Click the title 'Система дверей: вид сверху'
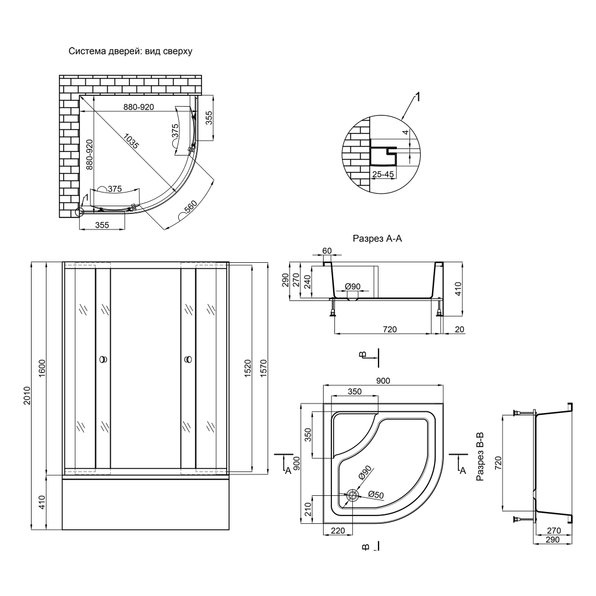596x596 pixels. pos(130,51)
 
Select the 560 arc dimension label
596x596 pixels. pos(190,209)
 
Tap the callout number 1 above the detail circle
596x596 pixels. pos(417,97)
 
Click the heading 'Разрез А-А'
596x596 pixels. pos(378,239)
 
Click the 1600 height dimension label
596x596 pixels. pos(42,368)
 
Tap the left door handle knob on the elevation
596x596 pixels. pos(103,360)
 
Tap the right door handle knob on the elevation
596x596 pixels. pos(188,360)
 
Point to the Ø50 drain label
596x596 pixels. pos(375,494)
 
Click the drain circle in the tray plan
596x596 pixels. pos(352,495)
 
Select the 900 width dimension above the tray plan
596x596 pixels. pos(382,381)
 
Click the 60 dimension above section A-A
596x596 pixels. pos(327,251)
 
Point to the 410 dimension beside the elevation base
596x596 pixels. pos(42,502)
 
